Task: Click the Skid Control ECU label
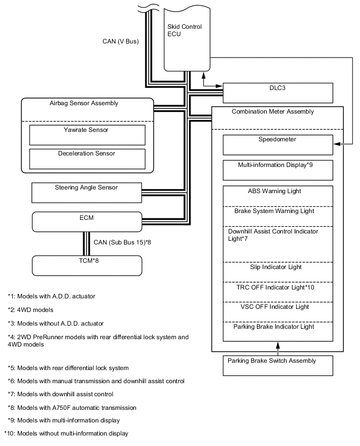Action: (x=184, y=31)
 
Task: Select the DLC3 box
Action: (x=278, y=93)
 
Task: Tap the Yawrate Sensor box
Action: (x=87, y=135)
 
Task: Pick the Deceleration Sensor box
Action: (x=87, y=159)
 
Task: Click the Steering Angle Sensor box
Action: (x=86, y=192)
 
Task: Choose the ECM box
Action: (x=87, y=221)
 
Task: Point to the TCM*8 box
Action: (x=87, y=265)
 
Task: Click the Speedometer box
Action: (x=277, y=144)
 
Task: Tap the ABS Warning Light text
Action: (x=275, y=192)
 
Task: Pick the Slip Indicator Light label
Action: (x=276, y=267)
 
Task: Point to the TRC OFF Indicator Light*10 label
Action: (x=275, y=287)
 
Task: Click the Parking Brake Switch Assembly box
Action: (x=277, y=365)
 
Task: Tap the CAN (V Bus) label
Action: (x=120, y=41)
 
